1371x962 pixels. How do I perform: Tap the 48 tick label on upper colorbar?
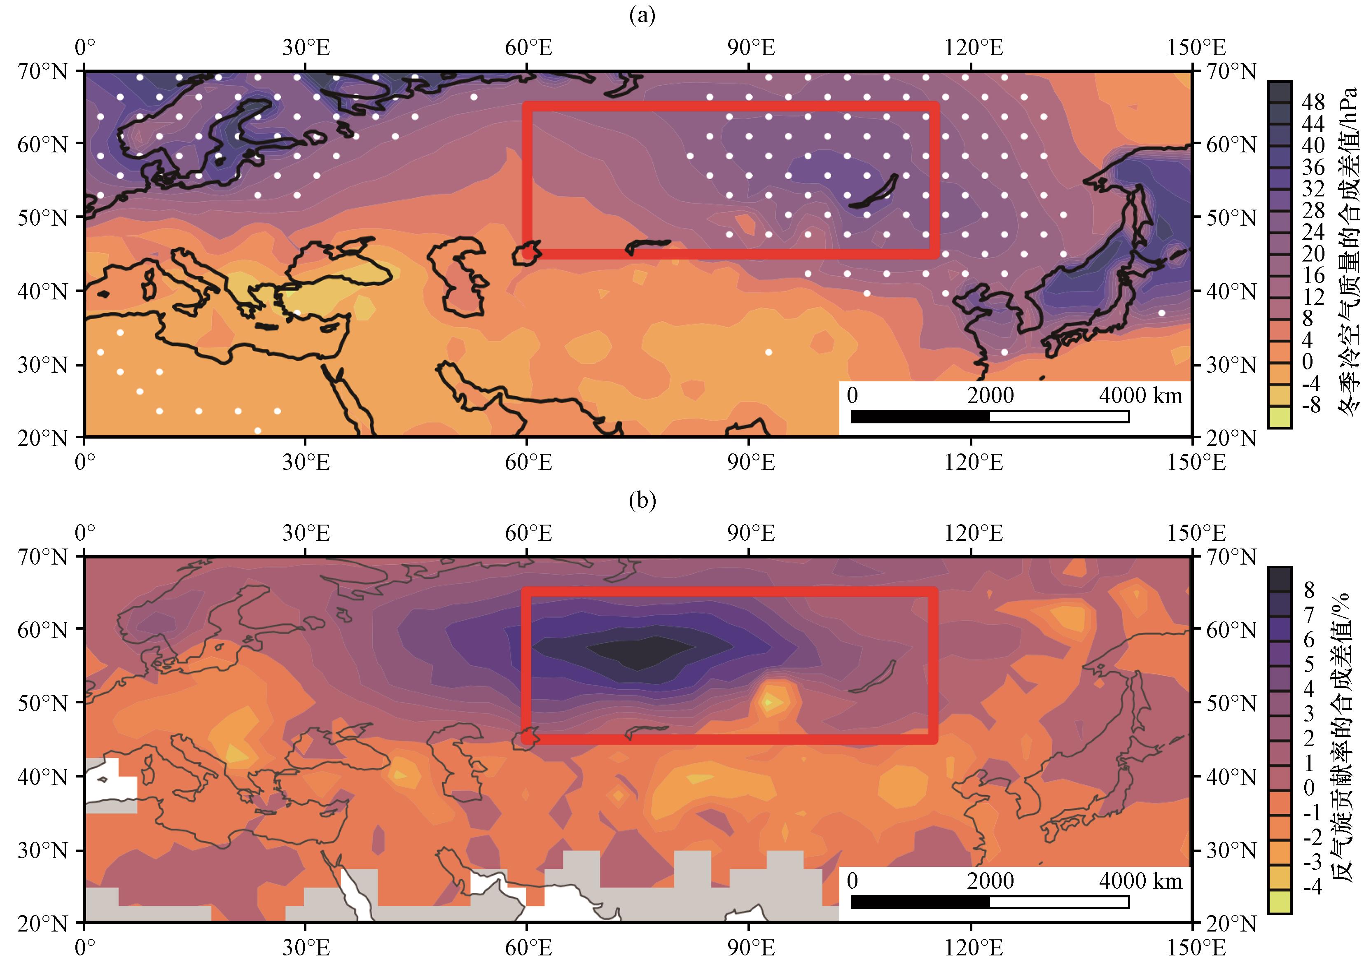tap(1313, 102)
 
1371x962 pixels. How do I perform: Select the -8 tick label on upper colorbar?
tap(1313, 406)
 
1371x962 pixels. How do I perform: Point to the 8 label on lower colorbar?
tap(1309, 590)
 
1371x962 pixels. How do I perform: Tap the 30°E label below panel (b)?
tap(306, 948)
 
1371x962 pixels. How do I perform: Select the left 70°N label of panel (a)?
tap(42, 72)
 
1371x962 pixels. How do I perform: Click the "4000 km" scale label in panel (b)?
tap(1140, 881)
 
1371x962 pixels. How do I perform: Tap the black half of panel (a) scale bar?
tap(920, 417)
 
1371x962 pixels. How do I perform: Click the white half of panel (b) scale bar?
tap(1059, 902)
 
